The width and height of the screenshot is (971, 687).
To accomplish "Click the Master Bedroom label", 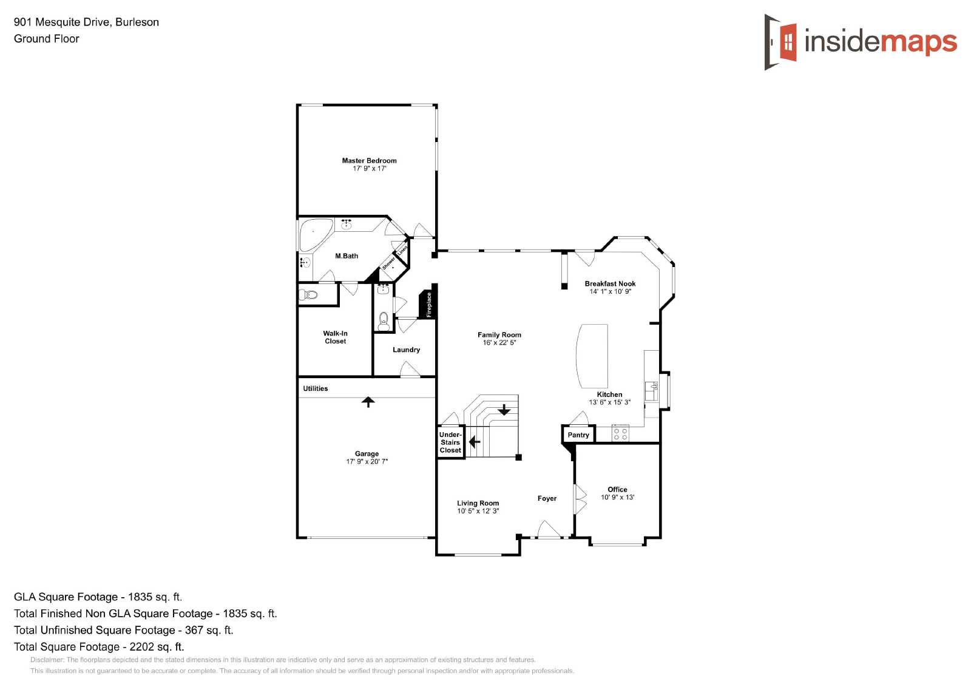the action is (369, 160).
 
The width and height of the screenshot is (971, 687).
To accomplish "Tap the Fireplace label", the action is (428, 305).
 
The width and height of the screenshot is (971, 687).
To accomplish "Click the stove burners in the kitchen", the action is (620, 433).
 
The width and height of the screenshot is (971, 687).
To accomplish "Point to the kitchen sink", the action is (651, 391).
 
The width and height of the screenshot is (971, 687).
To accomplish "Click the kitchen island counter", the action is (592, 356).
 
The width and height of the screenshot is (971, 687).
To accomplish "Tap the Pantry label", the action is (578, 435).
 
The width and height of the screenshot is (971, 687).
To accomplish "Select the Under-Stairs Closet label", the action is (450, 442).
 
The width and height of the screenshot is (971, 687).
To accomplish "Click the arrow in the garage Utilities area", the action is (368, 402).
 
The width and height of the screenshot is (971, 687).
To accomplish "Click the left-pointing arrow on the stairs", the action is (475, 442).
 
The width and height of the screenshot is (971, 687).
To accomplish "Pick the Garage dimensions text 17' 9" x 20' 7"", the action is (367, 461).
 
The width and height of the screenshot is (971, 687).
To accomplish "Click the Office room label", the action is (617, 489).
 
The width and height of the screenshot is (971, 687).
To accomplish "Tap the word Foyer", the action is (547, 498).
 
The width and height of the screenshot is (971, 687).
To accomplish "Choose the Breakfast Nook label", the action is (610, 283).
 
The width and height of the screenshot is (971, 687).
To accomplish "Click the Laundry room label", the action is (406, 350).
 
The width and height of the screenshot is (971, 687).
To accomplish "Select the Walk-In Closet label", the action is (335, 337).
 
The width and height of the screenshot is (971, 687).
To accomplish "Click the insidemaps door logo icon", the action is (780, 42).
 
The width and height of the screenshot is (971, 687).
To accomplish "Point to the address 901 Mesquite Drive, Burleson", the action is (86, 22).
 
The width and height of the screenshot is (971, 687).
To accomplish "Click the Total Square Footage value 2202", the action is (142, 647).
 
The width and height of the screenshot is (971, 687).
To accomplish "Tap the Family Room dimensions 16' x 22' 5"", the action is (499, 342).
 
